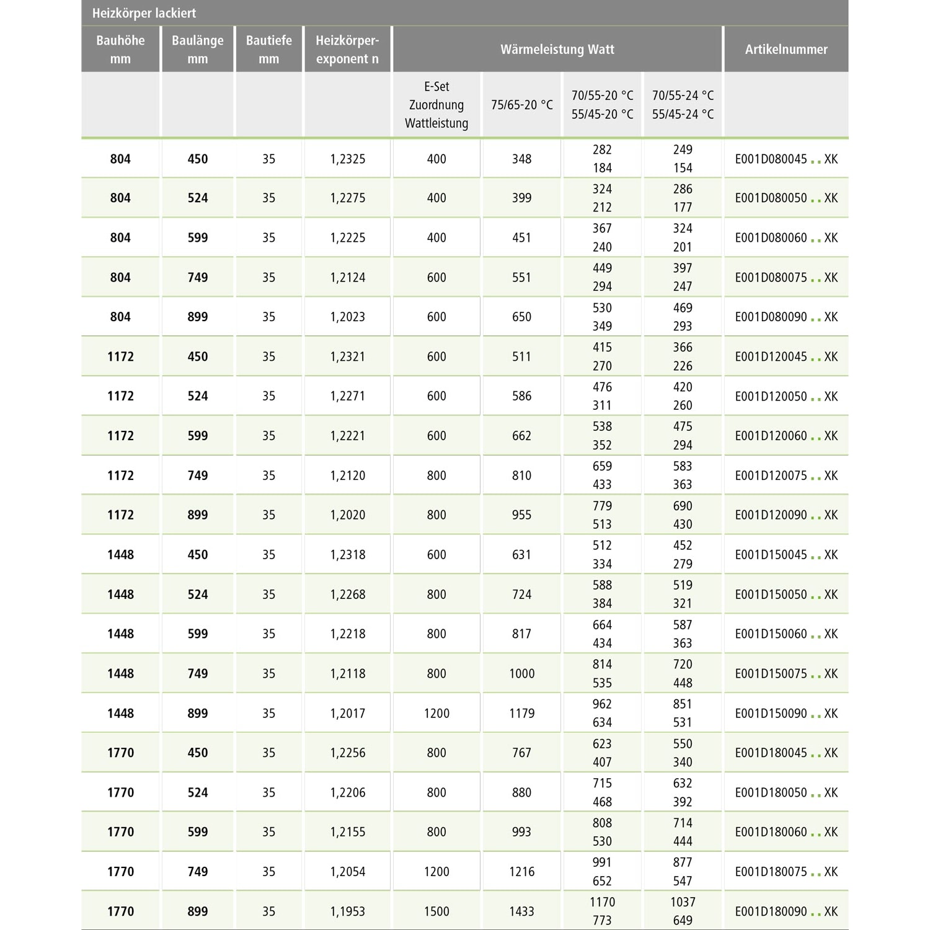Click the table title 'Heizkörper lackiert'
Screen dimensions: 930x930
tap(144, 13)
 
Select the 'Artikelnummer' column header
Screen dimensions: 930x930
tap(786, 50)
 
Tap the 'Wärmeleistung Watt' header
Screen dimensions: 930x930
tap(557, 50)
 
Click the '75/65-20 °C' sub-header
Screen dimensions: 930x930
tap(521, 105)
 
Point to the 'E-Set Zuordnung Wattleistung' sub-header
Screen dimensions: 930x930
tap(436, 105)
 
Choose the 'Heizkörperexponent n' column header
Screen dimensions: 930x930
tap(347, 50)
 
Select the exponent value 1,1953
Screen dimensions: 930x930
tap(347, 911)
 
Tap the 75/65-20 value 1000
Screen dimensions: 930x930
tap(521, 674)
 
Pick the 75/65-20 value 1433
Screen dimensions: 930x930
tap(521, 911)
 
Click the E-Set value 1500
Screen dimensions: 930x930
tap(436, 911)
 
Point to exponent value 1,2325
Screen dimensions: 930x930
tap(347, 159)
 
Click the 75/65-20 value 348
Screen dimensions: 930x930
tap(521, 159)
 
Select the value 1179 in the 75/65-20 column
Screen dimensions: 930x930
tap(521, 714)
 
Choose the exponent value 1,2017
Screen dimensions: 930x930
tap(347, 714)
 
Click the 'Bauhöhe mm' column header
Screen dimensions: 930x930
tap(120, 50)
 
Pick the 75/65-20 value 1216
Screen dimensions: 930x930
tap(521, 872)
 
